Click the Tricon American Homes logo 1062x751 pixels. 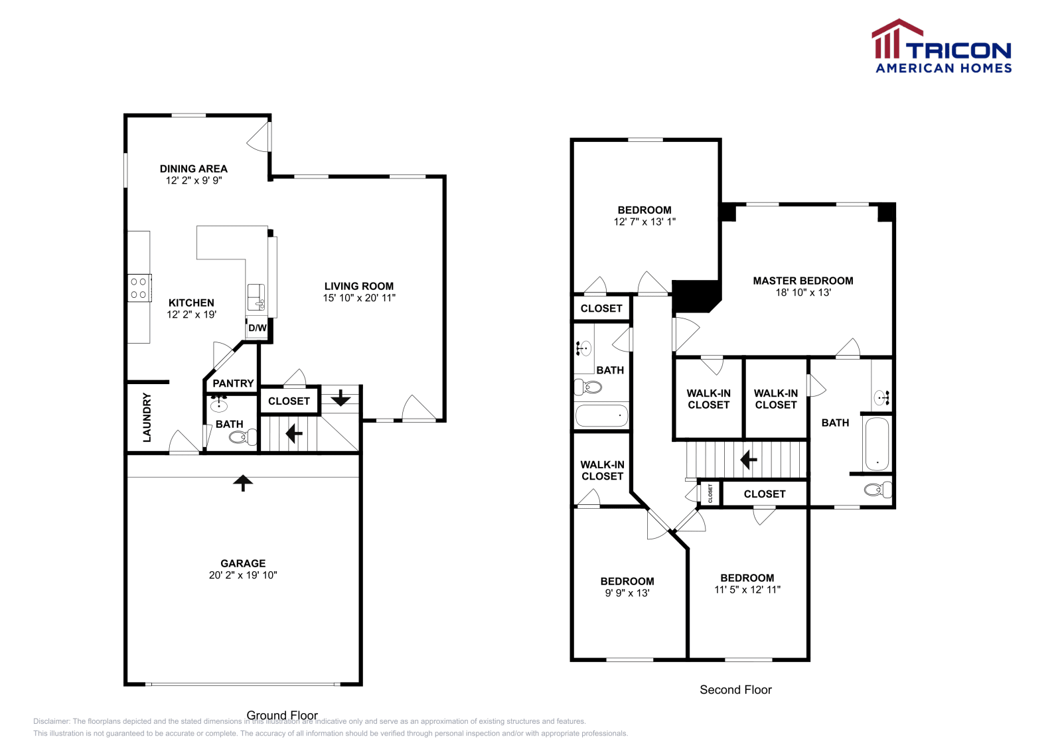point(942,46)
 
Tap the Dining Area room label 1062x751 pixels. point(193,169)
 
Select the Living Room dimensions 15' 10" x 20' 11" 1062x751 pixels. point(359,298)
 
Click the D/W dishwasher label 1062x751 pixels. point(258,328)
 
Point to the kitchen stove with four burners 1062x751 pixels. point(139,288)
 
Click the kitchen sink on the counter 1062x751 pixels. point(256,297)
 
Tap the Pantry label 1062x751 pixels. point(233,383)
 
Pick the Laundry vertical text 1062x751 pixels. point(147,417)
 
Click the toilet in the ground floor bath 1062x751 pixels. point(242,437)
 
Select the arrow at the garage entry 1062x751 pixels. point(243,482)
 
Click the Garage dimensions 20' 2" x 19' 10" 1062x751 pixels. point(243,575)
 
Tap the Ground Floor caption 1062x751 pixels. point(282,715)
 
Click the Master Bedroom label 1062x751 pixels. point(803,281)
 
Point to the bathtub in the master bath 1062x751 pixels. point(877,444)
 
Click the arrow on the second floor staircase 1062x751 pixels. point(749,459)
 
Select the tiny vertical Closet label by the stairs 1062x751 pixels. point(710,493)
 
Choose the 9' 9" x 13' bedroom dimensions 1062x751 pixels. point(627,593)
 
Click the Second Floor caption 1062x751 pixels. point(735,690)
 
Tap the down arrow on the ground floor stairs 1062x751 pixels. point(341,398)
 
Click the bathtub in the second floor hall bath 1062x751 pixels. point(601,416)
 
